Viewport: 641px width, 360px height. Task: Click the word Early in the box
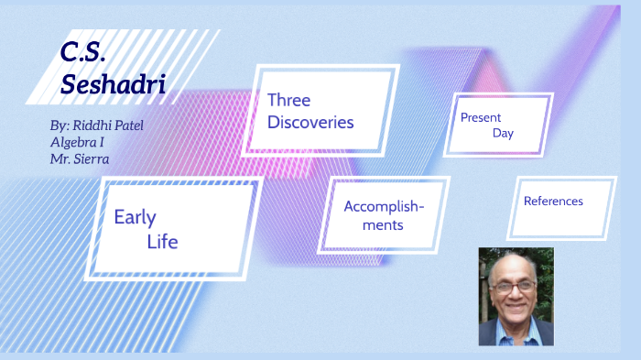click(135, 217)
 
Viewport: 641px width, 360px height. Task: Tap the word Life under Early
click(162, 242)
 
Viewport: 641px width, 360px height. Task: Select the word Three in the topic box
click(288, 100)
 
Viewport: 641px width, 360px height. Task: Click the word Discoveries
click(310, 122)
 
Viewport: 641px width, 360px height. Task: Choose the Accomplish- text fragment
click(384, 205)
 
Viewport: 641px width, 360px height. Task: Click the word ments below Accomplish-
click(383, 224)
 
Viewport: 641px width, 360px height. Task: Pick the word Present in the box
click(481, 117)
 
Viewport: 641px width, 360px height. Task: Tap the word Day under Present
click(502, 134)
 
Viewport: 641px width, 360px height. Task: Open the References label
click(553, 201)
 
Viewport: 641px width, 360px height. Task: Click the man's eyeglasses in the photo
click(516, 287)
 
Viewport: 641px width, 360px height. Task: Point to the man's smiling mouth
click(516, 308)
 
